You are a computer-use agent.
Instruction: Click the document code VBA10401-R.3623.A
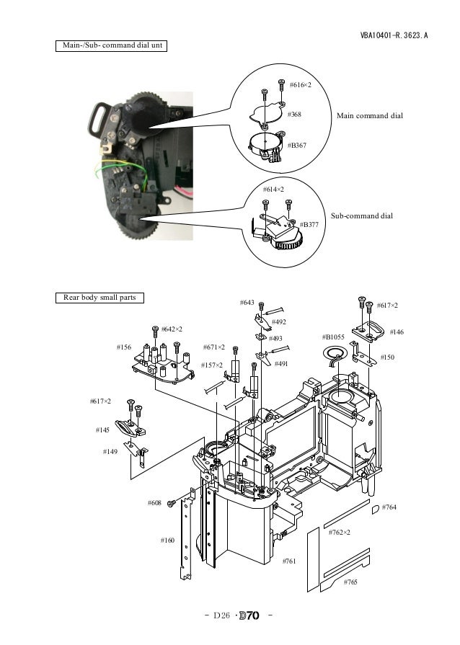(x=394, y=35)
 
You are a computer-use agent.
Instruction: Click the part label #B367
(x=296, y=146)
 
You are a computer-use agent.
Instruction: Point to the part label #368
(x=294, y=115)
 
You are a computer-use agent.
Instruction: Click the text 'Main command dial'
(x=370, y=116)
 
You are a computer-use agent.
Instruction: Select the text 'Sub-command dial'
(x=361, y=215)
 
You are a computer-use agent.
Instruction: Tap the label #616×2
(x=300, y=86)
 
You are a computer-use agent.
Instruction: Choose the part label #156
(x=124, y=347)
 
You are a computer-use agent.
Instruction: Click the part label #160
(x=167, y=540)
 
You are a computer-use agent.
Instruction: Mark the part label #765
(x=350, y=582)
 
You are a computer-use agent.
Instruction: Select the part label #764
(x=389, y=508)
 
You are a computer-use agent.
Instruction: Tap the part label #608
(x=154, y=502)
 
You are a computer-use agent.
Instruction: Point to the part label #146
(x=397, y=332)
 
